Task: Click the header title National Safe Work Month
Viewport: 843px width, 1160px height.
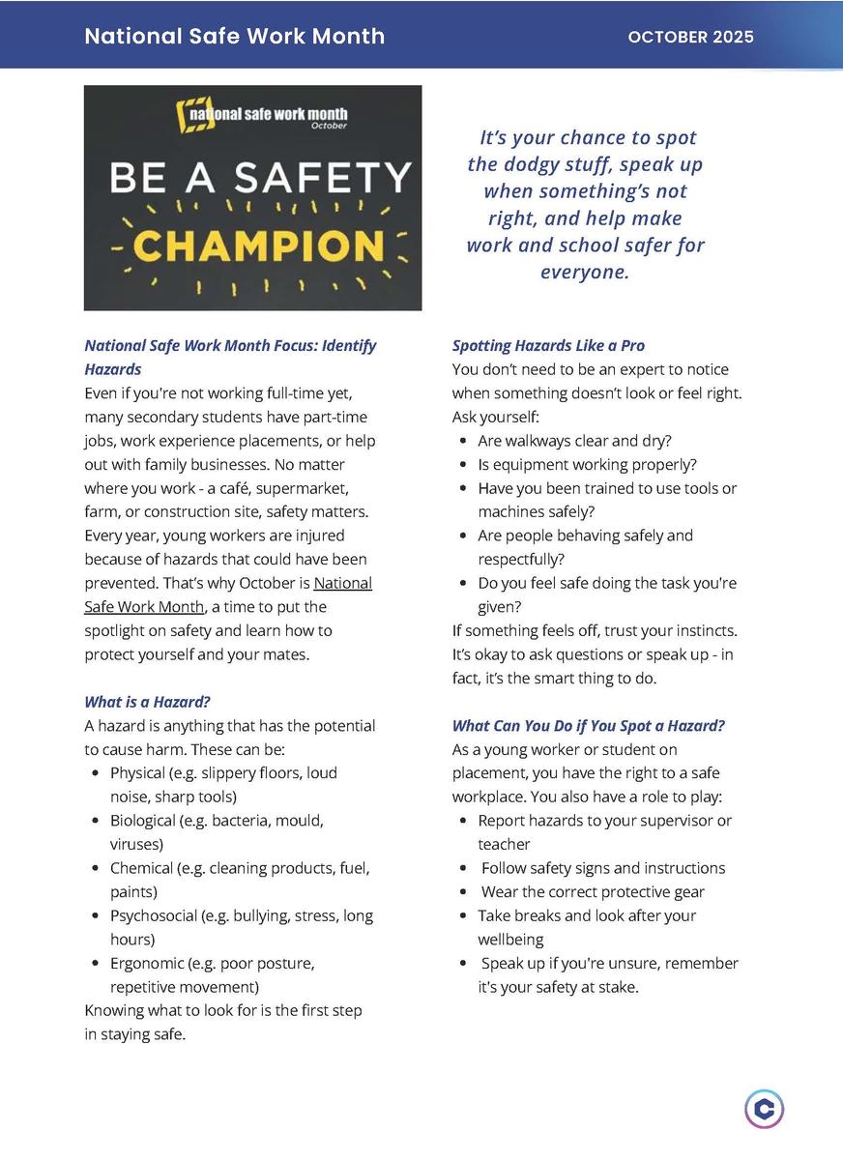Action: [x=234, y=37]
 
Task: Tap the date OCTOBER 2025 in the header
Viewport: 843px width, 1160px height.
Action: [x=690, y=38]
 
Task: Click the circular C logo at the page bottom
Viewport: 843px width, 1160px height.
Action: [x=764, y=1109]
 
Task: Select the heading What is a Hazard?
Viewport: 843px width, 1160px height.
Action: [x=147, y=702]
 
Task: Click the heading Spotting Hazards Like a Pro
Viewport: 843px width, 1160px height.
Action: [x=548, y=346]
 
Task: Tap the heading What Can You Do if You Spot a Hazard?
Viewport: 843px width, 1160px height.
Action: [x=588, y=726]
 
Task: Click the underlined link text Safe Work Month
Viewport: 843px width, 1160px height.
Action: [x=143, y=607]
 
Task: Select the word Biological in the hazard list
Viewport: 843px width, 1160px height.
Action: [x=143, y=821]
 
